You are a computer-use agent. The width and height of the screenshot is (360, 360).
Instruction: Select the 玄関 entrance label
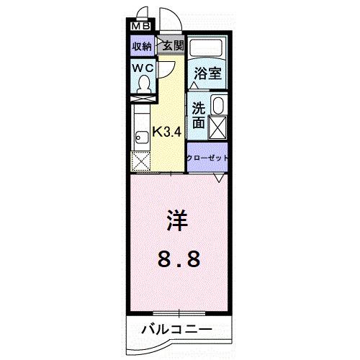tap(172, 45)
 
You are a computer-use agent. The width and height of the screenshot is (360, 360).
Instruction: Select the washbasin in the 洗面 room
tap(219, 107)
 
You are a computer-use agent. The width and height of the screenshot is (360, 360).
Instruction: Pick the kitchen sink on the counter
tap(138, 136)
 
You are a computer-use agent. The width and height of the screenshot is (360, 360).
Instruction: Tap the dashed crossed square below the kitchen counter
tap(140, 161)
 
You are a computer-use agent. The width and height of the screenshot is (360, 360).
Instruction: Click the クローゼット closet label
tap(208, 157)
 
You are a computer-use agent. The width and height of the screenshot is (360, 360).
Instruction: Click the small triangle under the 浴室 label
tap(194, 84)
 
